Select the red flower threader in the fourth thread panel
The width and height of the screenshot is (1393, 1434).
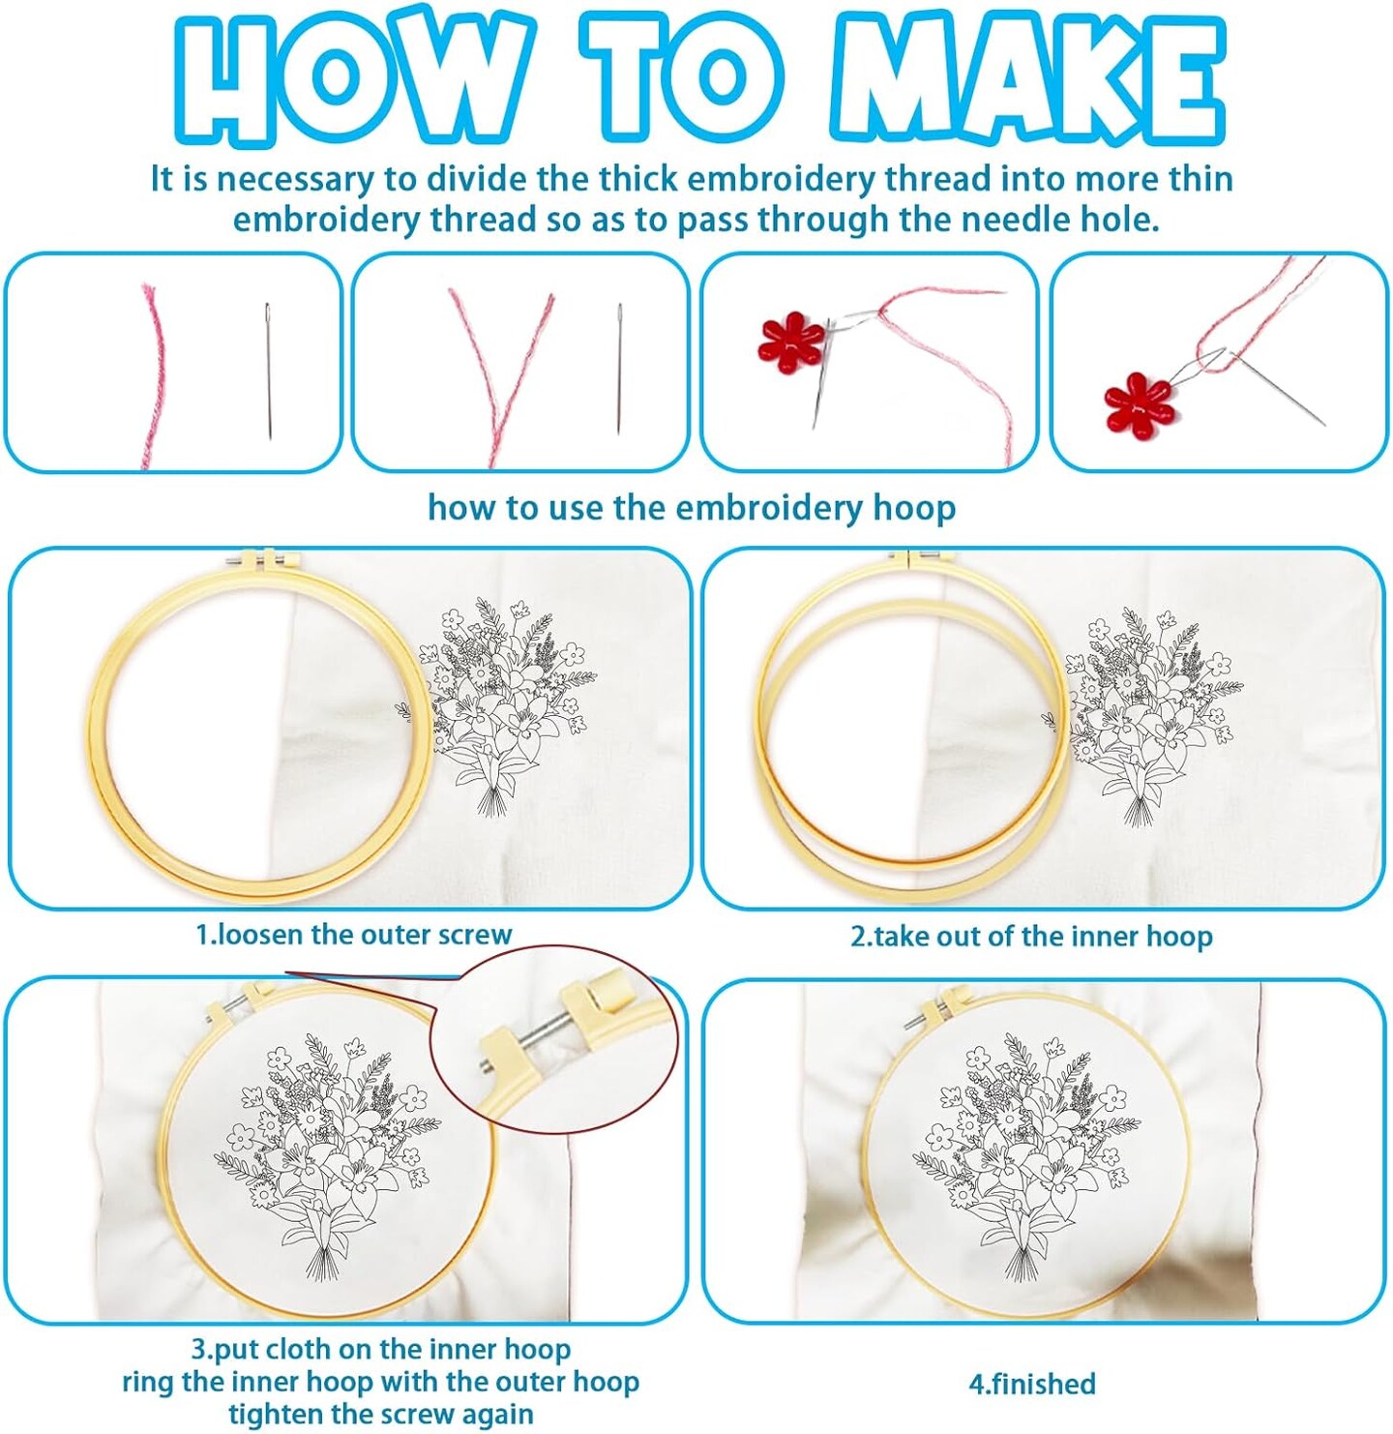[1139, 403]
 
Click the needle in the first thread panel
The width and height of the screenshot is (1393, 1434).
[268, 370]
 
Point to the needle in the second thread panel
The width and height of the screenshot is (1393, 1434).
[618, 368]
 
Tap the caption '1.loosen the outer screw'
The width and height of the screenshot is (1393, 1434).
[353, 935]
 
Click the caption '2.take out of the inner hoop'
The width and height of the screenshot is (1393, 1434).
[1031, 937]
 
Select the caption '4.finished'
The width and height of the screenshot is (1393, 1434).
[1032, 1384]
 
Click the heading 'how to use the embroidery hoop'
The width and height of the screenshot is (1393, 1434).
[692, 508]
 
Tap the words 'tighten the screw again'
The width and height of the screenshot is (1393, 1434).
[381, 1414]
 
